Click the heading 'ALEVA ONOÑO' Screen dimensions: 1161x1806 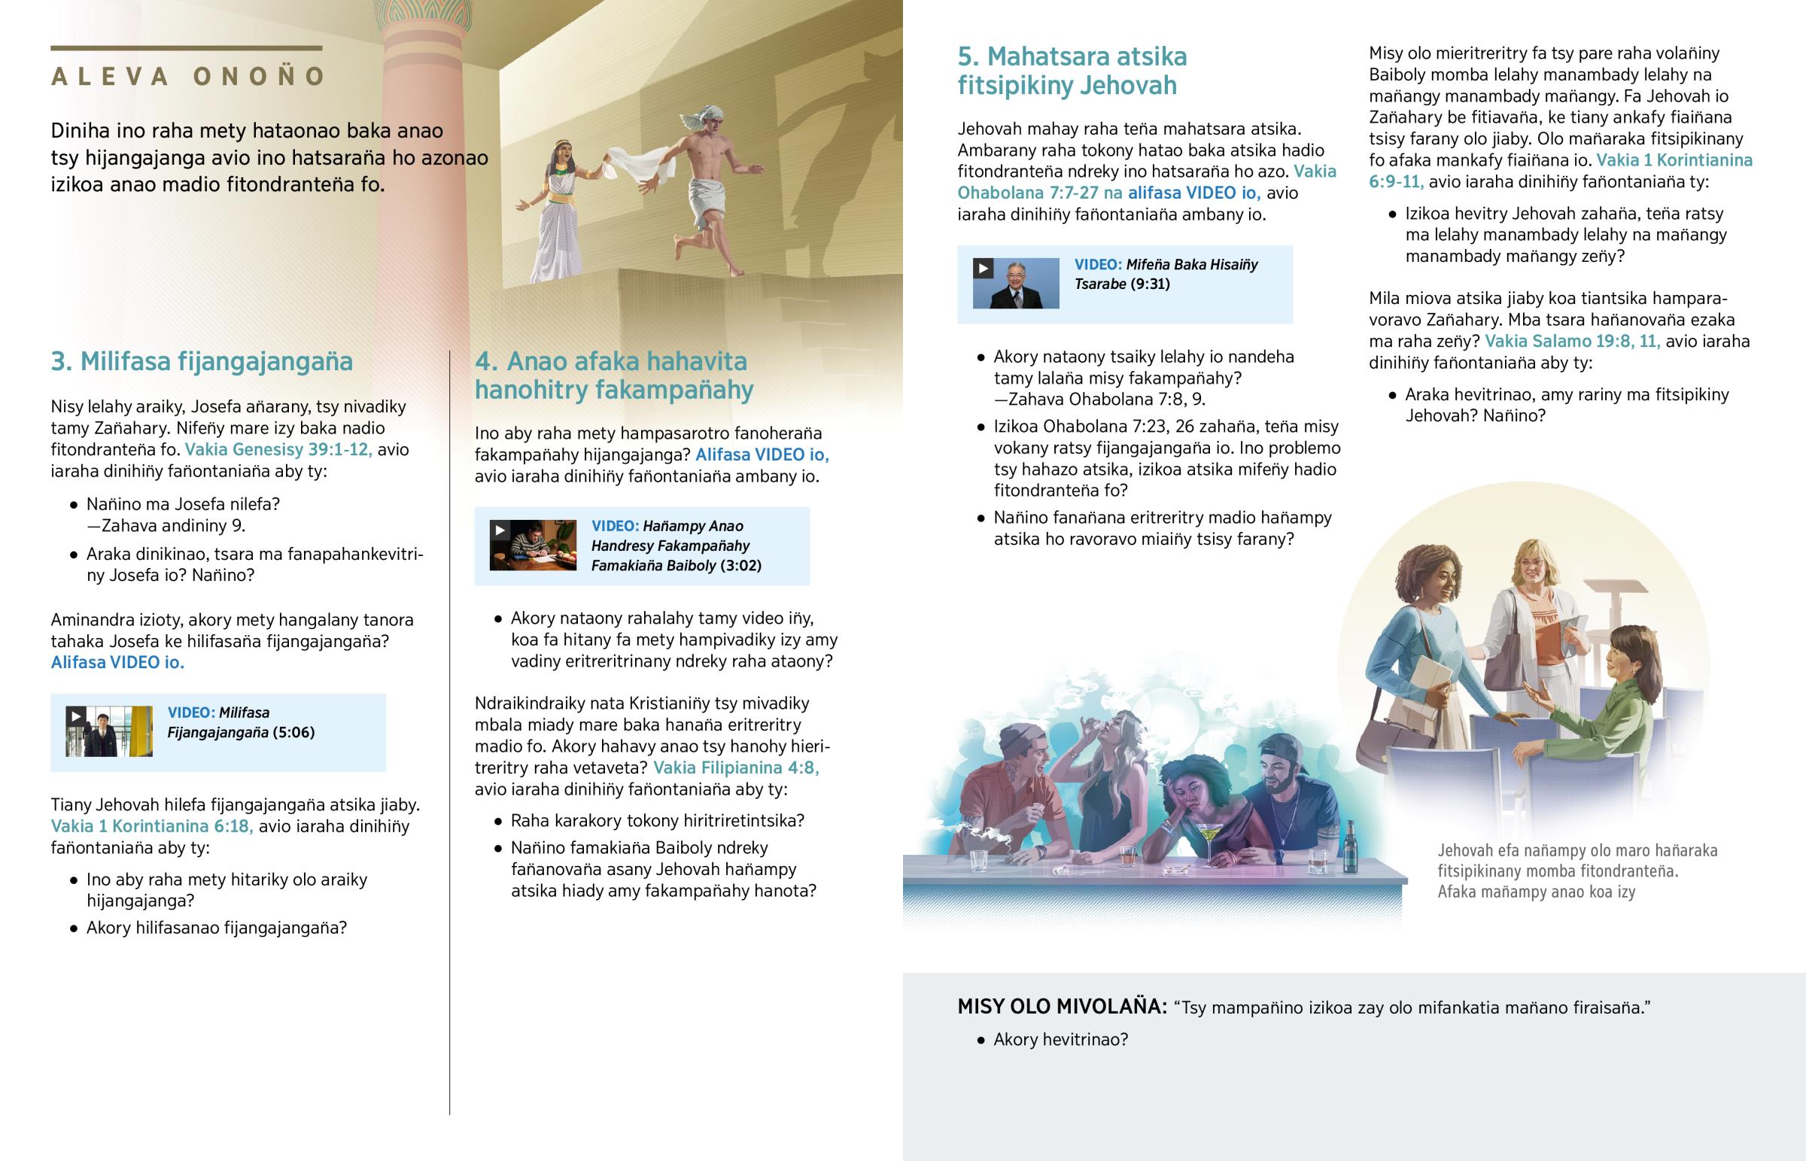click(x=188, y=77)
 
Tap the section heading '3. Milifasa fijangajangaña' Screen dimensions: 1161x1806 click(x=201, y=362)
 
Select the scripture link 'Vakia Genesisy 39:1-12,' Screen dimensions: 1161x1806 click(x=278, y=450)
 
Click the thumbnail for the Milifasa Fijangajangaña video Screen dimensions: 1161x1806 click(x=108, y=731)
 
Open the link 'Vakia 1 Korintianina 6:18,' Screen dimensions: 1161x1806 click(x=151, y=826)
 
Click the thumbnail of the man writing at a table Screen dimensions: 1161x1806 click(x=532, y=545)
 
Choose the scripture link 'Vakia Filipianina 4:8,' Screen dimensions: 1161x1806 click(x=736, y=768)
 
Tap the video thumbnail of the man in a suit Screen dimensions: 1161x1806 click(x=1015, y=284)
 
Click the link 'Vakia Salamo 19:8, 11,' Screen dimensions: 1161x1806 click(x=1572, y=342)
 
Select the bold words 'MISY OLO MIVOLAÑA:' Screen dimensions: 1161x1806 click(x=1061, y=1007)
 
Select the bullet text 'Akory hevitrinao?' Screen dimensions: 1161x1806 click(x=1060, y=1041)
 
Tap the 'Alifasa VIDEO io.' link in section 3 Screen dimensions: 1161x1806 click(x=117, y=663)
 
